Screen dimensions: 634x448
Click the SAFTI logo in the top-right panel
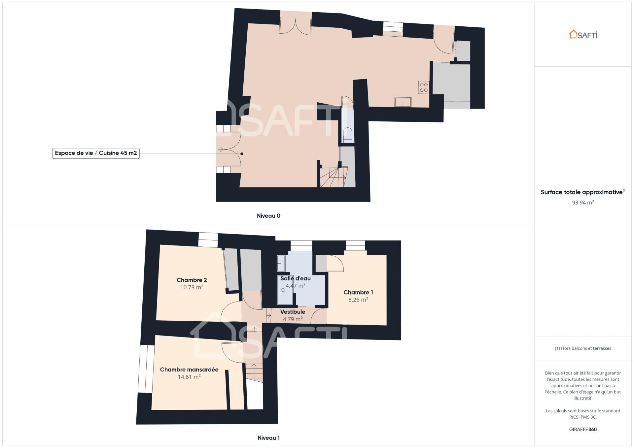pos(583,35)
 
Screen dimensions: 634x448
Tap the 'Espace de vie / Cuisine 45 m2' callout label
pos(96,153)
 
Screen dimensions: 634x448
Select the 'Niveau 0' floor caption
pos(268,216)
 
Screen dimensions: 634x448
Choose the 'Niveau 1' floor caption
pos(268,438)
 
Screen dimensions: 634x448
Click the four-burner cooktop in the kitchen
pos(424,87)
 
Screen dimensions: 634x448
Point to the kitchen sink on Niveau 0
pos(403,102)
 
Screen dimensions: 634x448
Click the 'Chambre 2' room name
pos(192,280)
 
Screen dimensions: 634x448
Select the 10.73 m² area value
pos(192,287)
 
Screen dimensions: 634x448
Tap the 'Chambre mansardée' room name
pos(189,369)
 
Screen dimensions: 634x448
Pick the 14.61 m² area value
pos(189,377)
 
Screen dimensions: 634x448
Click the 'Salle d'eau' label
pos(296,278)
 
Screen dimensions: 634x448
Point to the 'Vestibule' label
pos(293,312)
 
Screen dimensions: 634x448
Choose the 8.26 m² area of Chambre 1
pos(358,300)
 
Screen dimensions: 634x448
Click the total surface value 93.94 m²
pos(583,203)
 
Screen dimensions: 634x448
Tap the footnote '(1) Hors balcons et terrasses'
pos(583,348)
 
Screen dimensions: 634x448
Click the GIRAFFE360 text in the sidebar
pos(583,430)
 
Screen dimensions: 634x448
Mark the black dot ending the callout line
pos(242,154)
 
